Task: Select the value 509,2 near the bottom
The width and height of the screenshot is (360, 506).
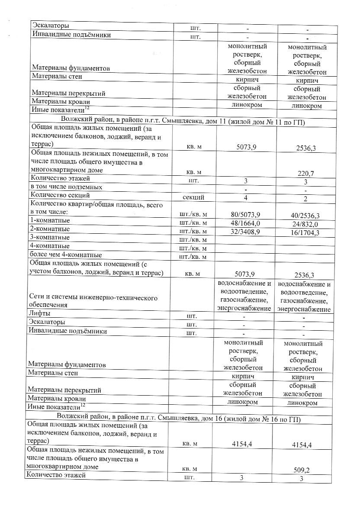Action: [302, 470]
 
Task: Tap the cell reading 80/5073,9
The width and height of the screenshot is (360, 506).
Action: [245, 215]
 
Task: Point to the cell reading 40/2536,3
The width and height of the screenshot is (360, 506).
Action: [305, 216]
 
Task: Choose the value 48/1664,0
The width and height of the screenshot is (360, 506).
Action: [245, 223]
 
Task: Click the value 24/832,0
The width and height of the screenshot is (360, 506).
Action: [305, 224]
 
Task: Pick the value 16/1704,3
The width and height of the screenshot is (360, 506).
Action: [305, 232]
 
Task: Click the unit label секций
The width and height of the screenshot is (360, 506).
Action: [194, 197]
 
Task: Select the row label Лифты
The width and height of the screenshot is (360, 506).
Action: [39, 313]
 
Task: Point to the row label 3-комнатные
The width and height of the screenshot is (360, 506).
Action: [49, 237]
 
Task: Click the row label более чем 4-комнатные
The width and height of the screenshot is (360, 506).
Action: [65, 255]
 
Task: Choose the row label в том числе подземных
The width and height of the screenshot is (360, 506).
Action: [66, 187]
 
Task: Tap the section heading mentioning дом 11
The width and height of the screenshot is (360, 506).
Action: [183, 122]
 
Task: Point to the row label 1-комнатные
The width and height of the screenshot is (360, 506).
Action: [49, 220]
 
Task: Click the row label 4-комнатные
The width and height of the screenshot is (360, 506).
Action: [49, 246]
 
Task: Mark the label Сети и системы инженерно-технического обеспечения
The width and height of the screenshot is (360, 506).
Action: [93, 301]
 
